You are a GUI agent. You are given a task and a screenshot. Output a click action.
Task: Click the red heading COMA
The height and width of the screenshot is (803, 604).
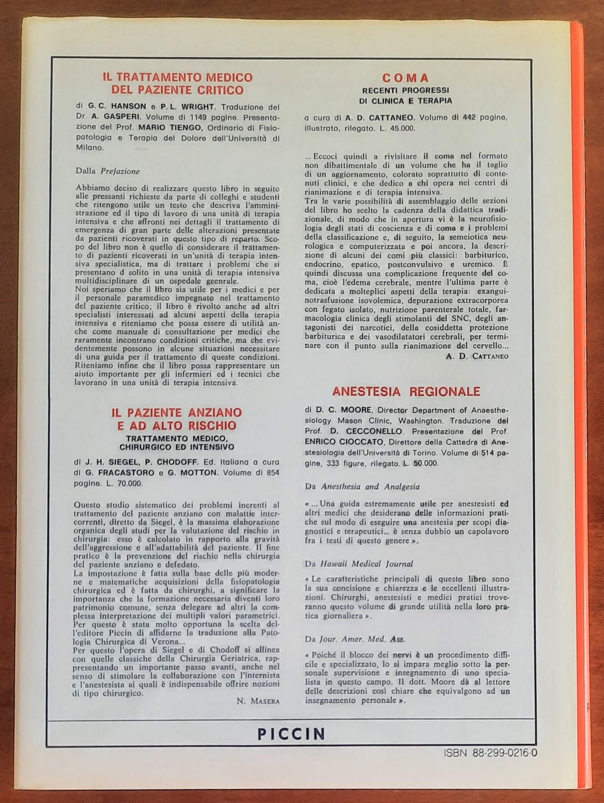pyautogui.click(x=405, y=78)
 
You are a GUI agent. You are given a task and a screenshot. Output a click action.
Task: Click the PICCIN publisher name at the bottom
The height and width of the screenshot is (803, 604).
pyautogui.click(x=291, y=734)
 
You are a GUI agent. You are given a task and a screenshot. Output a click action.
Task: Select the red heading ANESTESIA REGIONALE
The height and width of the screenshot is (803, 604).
pyautogui.click(x=406, y=391)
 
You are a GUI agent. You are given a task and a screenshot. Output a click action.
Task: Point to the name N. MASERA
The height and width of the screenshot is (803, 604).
pyautogui.click(x=258, y=701)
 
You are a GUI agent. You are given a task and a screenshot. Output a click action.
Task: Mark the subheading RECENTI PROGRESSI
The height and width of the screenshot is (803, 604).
pyautogui.click(x=405, y=90)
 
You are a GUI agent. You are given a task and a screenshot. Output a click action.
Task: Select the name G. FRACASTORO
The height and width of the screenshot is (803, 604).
pyautogui.click(x=115, y=473)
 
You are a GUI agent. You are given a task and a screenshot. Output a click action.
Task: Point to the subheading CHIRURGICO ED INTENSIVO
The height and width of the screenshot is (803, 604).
pyautogui.click(x=176, y=447)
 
